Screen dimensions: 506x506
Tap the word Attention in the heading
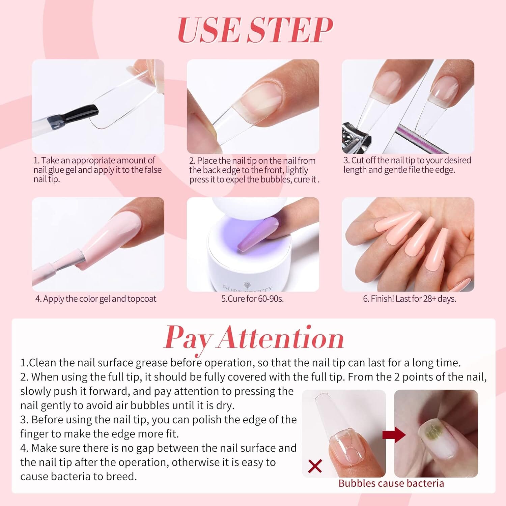click(x=281, y=338)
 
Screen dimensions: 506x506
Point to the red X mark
click(x=315, y=466)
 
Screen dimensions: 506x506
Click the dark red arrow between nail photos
click(x=394, y=435)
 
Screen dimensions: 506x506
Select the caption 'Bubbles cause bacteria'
click(x=391, y=483)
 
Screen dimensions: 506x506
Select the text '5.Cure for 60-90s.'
click(x=252, y=299)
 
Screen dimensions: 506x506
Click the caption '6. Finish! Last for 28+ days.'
click(x=410, y=299)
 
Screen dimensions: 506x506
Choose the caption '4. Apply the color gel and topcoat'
click(x=96, y=299)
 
